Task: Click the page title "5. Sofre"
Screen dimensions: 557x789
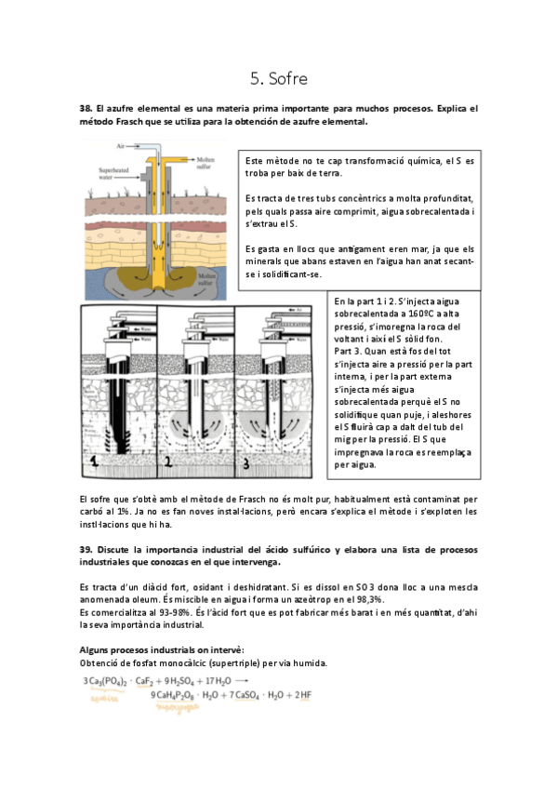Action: pos(278,78)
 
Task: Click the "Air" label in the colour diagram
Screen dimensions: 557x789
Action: pos(120,146)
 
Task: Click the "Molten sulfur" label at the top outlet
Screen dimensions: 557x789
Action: pos(206,164)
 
